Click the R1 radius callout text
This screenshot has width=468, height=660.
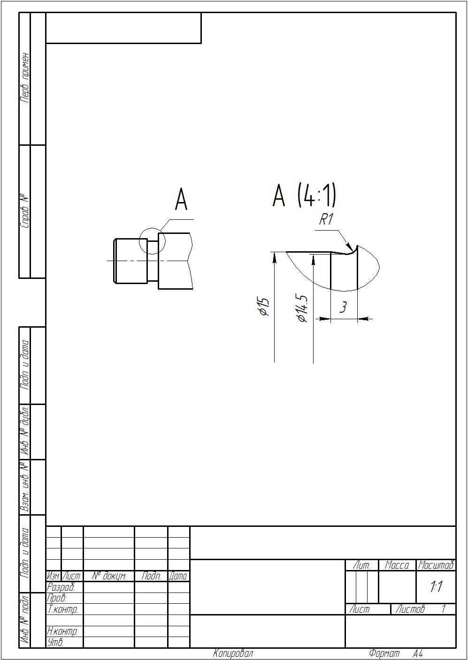tap(326, 219)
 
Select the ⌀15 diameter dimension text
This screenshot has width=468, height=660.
tap(263, 307)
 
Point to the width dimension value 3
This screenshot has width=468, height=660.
tap(343, 307)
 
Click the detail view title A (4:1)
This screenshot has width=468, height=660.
tap(304, 196)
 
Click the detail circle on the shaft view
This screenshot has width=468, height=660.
tap(139, 241)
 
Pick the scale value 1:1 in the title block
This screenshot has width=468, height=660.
tap(436, 586)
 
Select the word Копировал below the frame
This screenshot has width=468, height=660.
tap(233, 653)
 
